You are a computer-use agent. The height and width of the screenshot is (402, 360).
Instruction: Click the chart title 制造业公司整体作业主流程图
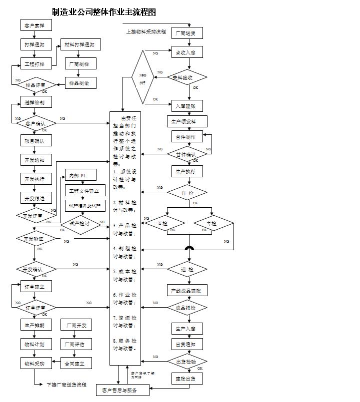(x=103, y=12)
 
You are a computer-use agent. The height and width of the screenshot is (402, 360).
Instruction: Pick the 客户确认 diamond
(x=34, y=122)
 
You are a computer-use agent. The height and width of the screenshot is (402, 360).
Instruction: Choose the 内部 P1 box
(x=77, y=175)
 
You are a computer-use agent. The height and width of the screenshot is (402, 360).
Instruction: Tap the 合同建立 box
(x=75, y=363)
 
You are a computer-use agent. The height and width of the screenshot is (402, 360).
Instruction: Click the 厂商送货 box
(x=186, y=33)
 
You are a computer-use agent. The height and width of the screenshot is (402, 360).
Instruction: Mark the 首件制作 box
(x=186, y=137)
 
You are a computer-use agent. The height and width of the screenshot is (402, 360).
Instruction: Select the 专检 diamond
(x=212, y=223)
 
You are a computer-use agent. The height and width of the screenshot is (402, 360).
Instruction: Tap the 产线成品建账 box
(x=186, y=290)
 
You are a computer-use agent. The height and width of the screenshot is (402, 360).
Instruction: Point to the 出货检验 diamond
(x=186, y=361)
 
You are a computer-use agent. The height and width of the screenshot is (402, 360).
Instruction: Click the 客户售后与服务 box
(x=122, y=390)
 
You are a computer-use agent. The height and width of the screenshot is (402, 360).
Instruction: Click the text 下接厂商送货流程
(x=66, y=385)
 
